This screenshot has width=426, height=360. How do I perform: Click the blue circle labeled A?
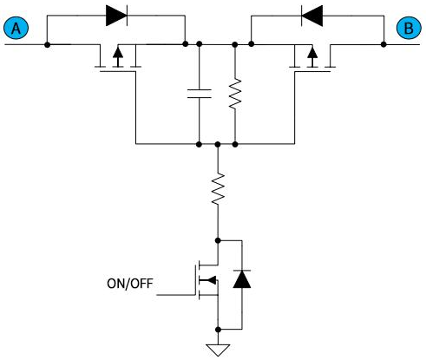[x=16, y=28]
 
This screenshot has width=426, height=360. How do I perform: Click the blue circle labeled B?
[x=409, y=28]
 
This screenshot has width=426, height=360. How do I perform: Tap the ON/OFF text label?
[x=130, y=284]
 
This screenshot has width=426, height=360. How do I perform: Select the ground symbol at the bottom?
[x=218, y=350]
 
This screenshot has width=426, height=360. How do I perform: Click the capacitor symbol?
[x=199, y=94]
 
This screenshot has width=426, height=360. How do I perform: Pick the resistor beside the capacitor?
[x=235, y=93]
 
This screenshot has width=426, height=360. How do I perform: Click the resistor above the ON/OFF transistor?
[x=218, y=189]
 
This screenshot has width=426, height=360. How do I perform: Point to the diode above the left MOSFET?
[x=116, y=16]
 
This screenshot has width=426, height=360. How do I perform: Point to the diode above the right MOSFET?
[x=311, y=16]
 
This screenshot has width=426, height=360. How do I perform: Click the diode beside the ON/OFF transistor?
[x=242, y=278]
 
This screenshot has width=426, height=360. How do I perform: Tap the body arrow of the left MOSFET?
[x=118, y=56]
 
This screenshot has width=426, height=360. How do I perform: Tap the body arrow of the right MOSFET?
[x=312, y=56]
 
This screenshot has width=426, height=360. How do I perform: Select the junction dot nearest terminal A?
[x=48, y=45]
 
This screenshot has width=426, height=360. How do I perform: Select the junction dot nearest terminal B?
[x=383, y=44]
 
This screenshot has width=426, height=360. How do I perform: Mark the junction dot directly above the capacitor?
[x=199, y=44]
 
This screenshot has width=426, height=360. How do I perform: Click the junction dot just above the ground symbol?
[x=218, y=330]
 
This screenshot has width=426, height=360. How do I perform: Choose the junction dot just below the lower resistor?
[x=218, y=240]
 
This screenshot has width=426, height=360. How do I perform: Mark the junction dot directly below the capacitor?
[x=199, y=144]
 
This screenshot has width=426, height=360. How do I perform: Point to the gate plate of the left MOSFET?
[x=118, y=71]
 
